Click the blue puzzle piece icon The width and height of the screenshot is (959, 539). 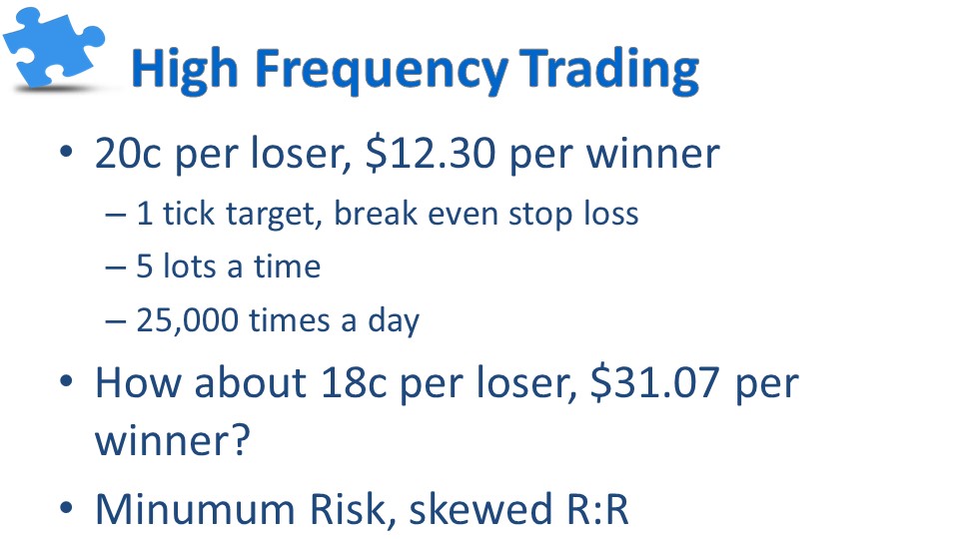[54, 48]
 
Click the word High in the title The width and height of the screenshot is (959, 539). [184, 70]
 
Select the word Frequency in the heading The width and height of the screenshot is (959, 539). [381, 70]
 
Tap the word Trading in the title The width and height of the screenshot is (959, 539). [609, 70]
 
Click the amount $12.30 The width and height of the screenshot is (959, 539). [431, 154]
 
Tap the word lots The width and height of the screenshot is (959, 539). [189, 268]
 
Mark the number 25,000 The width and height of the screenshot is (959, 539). [187, 320]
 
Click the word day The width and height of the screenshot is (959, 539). [394, 320]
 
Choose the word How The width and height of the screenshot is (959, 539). [138, 383]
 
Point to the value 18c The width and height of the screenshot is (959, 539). [354, 383]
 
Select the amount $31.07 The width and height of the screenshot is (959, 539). [654, 382]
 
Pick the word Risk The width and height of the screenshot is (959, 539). [353, 508]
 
